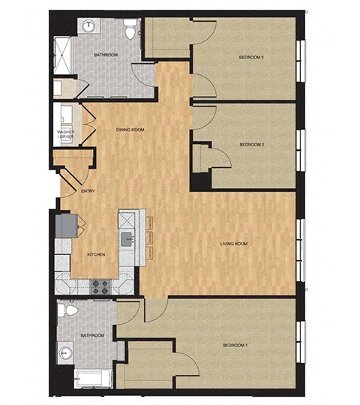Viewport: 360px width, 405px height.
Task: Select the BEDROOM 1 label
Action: coord(235,345)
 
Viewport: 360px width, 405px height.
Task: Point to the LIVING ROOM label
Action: coord(233,244)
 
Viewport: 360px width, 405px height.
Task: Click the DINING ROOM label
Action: coord(130,130)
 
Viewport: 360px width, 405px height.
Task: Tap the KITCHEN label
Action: coord(95,255)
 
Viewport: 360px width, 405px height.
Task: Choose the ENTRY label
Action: coord(88,190)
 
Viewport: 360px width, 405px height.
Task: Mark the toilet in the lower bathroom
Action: coord(70,309)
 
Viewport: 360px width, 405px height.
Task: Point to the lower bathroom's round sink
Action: coord(66,349)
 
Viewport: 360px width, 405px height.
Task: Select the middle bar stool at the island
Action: coord(148,237)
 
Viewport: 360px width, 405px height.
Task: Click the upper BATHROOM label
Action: coord(105,55)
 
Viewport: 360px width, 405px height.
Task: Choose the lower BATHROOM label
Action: coord(91,335)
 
